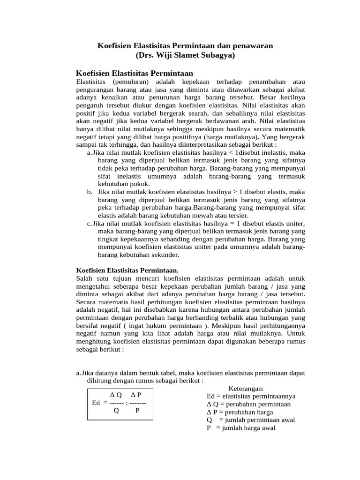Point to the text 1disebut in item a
point(250,152)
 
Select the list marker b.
point(90,192)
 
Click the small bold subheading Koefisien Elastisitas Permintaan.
point(127,270)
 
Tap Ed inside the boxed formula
point(96,403)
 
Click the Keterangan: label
point(247,388)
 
